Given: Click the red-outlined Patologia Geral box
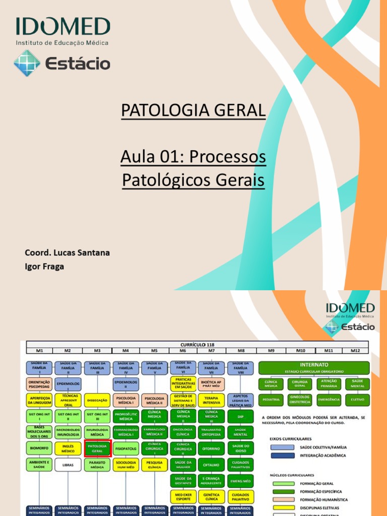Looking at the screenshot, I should tap(97, 448).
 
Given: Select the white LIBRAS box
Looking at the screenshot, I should tap(69, 464).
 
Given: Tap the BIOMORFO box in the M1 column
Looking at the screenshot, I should tap(39, 448).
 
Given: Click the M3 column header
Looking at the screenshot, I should tap(97, 350).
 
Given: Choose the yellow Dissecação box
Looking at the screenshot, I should tap(97, 401).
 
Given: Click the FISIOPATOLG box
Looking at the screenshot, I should tap(126, 448).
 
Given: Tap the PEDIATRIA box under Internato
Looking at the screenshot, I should tap(271, 401).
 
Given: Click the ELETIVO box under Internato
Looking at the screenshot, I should tap(357, 401).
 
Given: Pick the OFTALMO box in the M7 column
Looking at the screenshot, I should tap(212, 464).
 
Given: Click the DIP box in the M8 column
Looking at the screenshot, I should tap(240, 417).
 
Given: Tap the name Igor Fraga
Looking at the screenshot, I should tap(44, 267).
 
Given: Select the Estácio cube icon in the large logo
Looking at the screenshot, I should tap(27, 63).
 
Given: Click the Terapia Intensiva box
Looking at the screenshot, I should tap(212, 401).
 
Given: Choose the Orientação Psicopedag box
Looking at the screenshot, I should tap(39, 384).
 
